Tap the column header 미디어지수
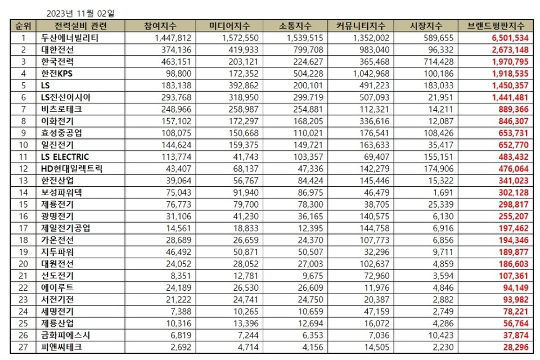point(230,26)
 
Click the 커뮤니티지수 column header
point(361,26)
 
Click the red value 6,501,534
point(509,38)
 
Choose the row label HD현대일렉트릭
point(71,168)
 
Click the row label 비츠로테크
point(61,109)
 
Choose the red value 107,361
point(511,276)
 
